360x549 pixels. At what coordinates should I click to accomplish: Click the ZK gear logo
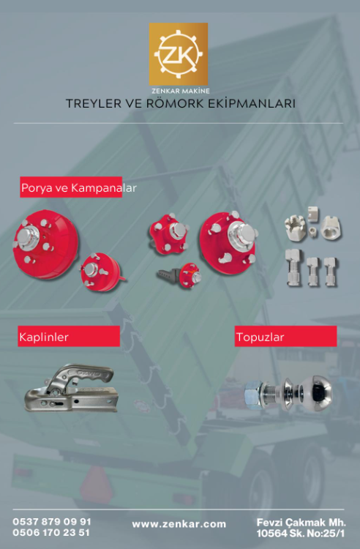pos(179,54)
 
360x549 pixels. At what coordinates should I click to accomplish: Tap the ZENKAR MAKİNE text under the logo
pos(181,91)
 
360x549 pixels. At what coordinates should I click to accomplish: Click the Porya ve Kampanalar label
pos(78,187)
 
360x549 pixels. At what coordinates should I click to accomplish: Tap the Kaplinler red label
pos(69,337)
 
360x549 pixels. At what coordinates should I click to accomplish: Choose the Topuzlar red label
pos(285,337)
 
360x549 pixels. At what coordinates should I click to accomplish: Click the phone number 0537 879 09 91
pos(52,522)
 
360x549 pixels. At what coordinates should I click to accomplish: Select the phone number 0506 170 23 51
pos(51,533)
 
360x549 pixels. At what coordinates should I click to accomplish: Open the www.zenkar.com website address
pos(179,524)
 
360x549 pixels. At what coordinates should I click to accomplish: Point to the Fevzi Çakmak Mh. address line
pos(301,523)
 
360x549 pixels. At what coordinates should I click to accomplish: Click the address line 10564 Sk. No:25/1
pos(301,534)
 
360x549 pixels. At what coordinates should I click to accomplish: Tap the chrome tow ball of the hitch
pos(317,392)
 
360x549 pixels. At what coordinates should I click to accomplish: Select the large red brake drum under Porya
pos(45,244)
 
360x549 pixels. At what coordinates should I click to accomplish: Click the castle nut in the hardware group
pos(296,228)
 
